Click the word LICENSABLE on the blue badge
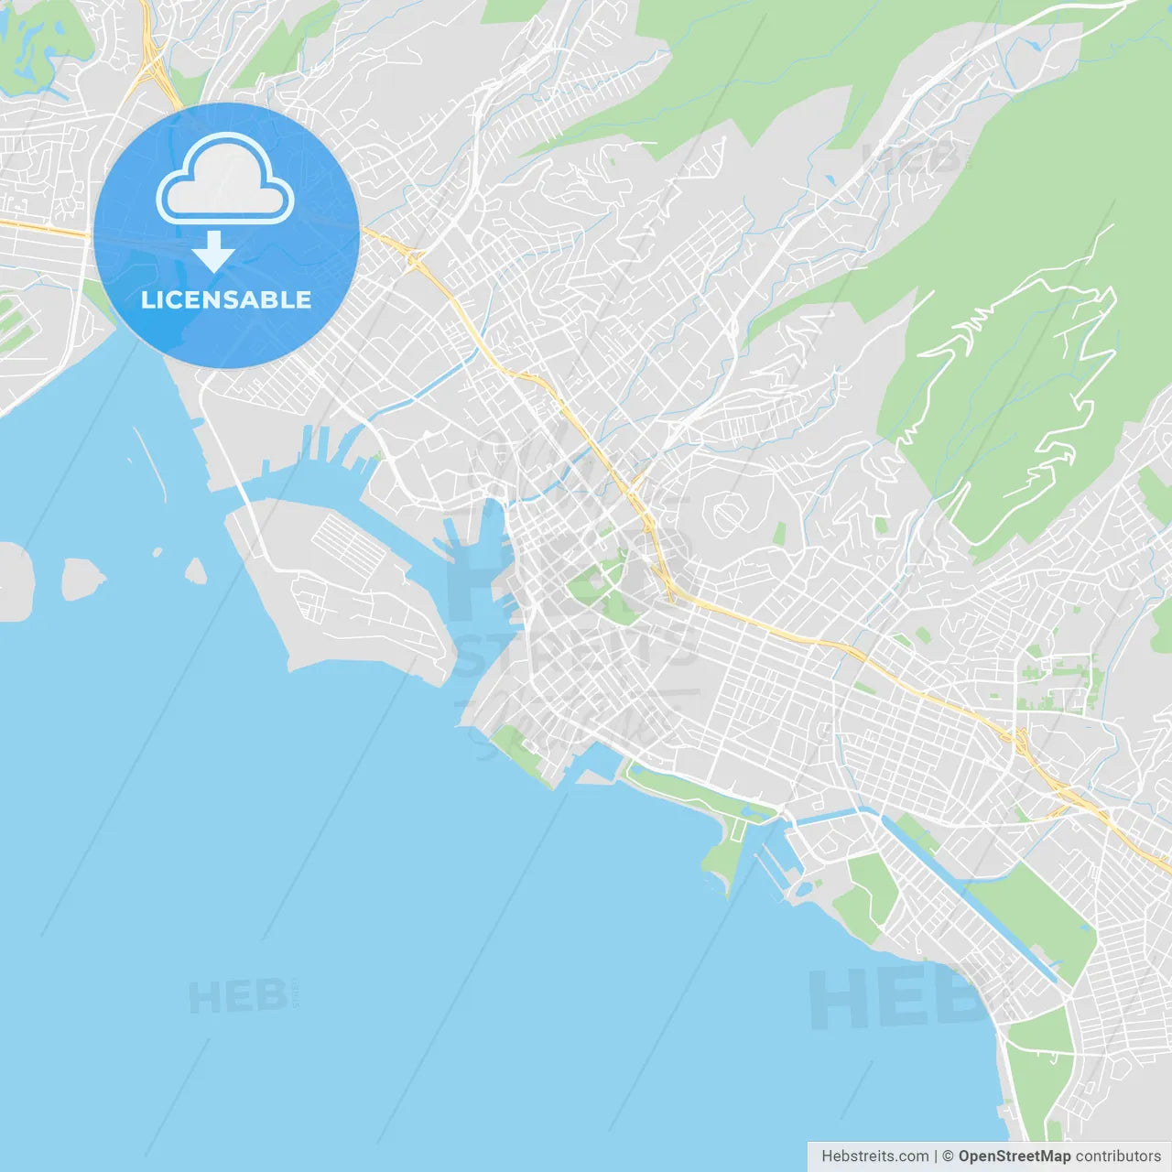tap(225, 299)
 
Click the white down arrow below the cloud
tap(213, 252)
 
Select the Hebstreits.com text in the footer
tap(874, 1156)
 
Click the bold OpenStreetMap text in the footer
tap(1014, 1156)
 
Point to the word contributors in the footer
tap(1118, 1156)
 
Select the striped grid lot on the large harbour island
tap(347, 544)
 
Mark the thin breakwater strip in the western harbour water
tap(151, 462)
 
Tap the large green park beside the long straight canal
tap(1030, 911)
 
